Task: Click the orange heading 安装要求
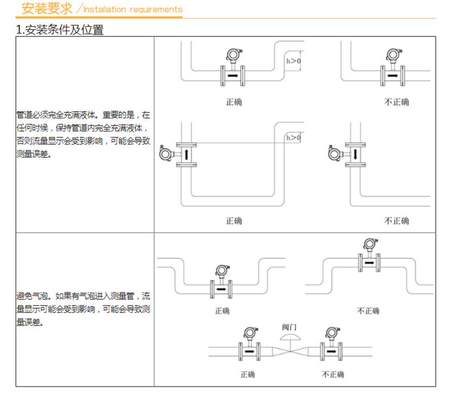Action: [47, 8]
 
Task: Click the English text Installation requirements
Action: [133, 9]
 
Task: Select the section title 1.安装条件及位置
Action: [60, 30]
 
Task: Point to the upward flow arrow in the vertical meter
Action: [187, 155]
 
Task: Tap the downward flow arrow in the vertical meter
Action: [355, 155]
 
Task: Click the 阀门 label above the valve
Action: [289, 327]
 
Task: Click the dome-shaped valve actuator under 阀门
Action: [290, 337]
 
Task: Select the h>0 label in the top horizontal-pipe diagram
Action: [293, 61]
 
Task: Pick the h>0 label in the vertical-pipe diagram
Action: [293, 138]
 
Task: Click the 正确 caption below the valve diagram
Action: [247, 374]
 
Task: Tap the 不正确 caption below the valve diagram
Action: [333, 374]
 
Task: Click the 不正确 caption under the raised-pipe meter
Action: [368, 311]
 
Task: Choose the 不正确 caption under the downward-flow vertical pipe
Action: [396, 221]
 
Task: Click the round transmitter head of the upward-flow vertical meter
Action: [165, 154]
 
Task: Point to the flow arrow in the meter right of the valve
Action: [331, 351]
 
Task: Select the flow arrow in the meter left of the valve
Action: [249, 351]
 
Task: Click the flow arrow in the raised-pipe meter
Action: [369, 263]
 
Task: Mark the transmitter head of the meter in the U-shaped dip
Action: [222, 271]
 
